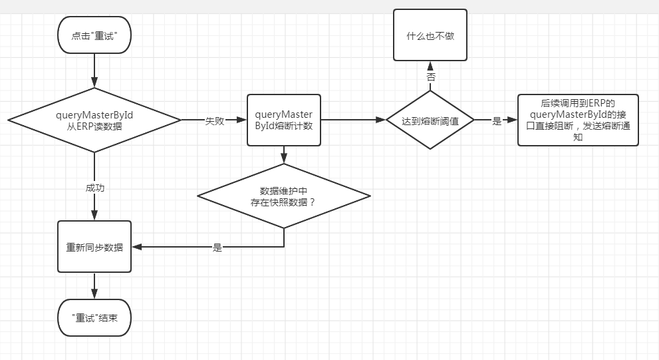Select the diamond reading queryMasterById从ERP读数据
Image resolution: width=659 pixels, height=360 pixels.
click(94, 120)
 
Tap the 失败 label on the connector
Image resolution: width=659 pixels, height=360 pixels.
click(213, 120)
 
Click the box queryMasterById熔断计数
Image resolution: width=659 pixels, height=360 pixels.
click(284, 120)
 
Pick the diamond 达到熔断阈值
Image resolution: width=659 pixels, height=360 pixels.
click(430, 120)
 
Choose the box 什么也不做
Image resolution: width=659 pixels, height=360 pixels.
click(430, 35)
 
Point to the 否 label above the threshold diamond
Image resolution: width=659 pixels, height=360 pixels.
click(430, 77)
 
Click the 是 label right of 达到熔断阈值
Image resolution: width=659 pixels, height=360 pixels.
click(496, 121)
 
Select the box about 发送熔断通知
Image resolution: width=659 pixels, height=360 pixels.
click(578, 120)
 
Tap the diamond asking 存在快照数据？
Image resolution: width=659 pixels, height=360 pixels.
click(284, 196)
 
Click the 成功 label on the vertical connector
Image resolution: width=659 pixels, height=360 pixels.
click(94, 188)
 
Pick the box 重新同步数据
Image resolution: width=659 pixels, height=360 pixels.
click(94, 247)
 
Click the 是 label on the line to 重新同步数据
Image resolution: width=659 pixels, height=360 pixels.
click(217, 247)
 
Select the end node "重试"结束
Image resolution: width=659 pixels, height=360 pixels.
click(94, 317)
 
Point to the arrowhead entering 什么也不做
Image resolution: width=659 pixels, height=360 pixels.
click(430, 65)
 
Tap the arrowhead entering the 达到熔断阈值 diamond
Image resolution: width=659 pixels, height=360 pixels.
click(381, 120)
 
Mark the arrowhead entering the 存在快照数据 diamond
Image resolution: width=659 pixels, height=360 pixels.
click(284, 159)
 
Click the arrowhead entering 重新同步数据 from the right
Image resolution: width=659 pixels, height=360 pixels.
click(136, 247)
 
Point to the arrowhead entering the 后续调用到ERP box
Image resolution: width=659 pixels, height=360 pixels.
click(513, 120)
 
